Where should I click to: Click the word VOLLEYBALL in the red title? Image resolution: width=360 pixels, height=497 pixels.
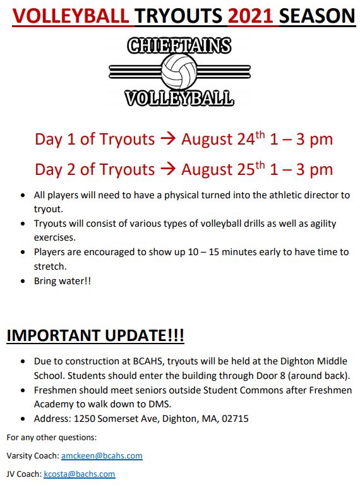click(71, 16)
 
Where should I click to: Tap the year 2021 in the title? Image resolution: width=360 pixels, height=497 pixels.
click(250, 16)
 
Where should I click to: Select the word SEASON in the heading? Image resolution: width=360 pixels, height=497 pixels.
click(317, 16)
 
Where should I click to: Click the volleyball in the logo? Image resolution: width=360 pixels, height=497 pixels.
click(179, 71)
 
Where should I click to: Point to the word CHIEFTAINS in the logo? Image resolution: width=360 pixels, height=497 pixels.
click(179, 45)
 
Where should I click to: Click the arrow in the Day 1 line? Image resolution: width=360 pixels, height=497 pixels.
click(168, 139)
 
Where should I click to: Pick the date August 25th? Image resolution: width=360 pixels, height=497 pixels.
click(223, 169)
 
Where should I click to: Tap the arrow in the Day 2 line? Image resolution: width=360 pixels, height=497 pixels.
click(168, 169)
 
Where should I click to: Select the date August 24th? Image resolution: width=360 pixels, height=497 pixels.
click(223, 138)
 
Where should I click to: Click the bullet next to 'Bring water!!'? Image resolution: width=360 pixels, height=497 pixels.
click(23, 281)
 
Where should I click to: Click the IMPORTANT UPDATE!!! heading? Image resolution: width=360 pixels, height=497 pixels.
click(95, 335)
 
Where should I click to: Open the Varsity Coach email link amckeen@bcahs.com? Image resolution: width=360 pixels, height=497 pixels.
click(102, 456)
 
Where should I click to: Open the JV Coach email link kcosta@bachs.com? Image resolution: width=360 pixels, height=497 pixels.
click(79, 474)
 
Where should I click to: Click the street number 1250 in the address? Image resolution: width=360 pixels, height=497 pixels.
click(84, 419)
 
